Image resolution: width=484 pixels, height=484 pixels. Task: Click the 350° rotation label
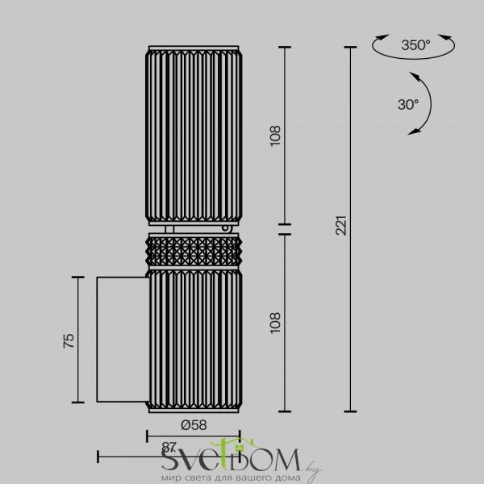coord(415,45)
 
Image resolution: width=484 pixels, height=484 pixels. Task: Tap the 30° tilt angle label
coord(408,105)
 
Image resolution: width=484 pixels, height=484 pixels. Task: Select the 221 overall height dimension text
coord(341,226)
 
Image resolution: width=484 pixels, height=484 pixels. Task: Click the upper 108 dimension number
coord(275,136)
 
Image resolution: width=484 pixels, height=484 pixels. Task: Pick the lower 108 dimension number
coord(275,323)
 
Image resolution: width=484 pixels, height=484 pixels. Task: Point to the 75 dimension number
coord(69,340)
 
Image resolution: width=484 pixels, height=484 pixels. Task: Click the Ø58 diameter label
coord(194,425)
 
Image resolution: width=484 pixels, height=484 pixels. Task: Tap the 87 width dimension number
coord(169,447)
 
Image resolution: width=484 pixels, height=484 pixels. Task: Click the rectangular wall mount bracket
coord(123,340)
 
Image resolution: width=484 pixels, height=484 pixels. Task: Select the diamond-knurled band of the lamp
coord(194,250)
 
